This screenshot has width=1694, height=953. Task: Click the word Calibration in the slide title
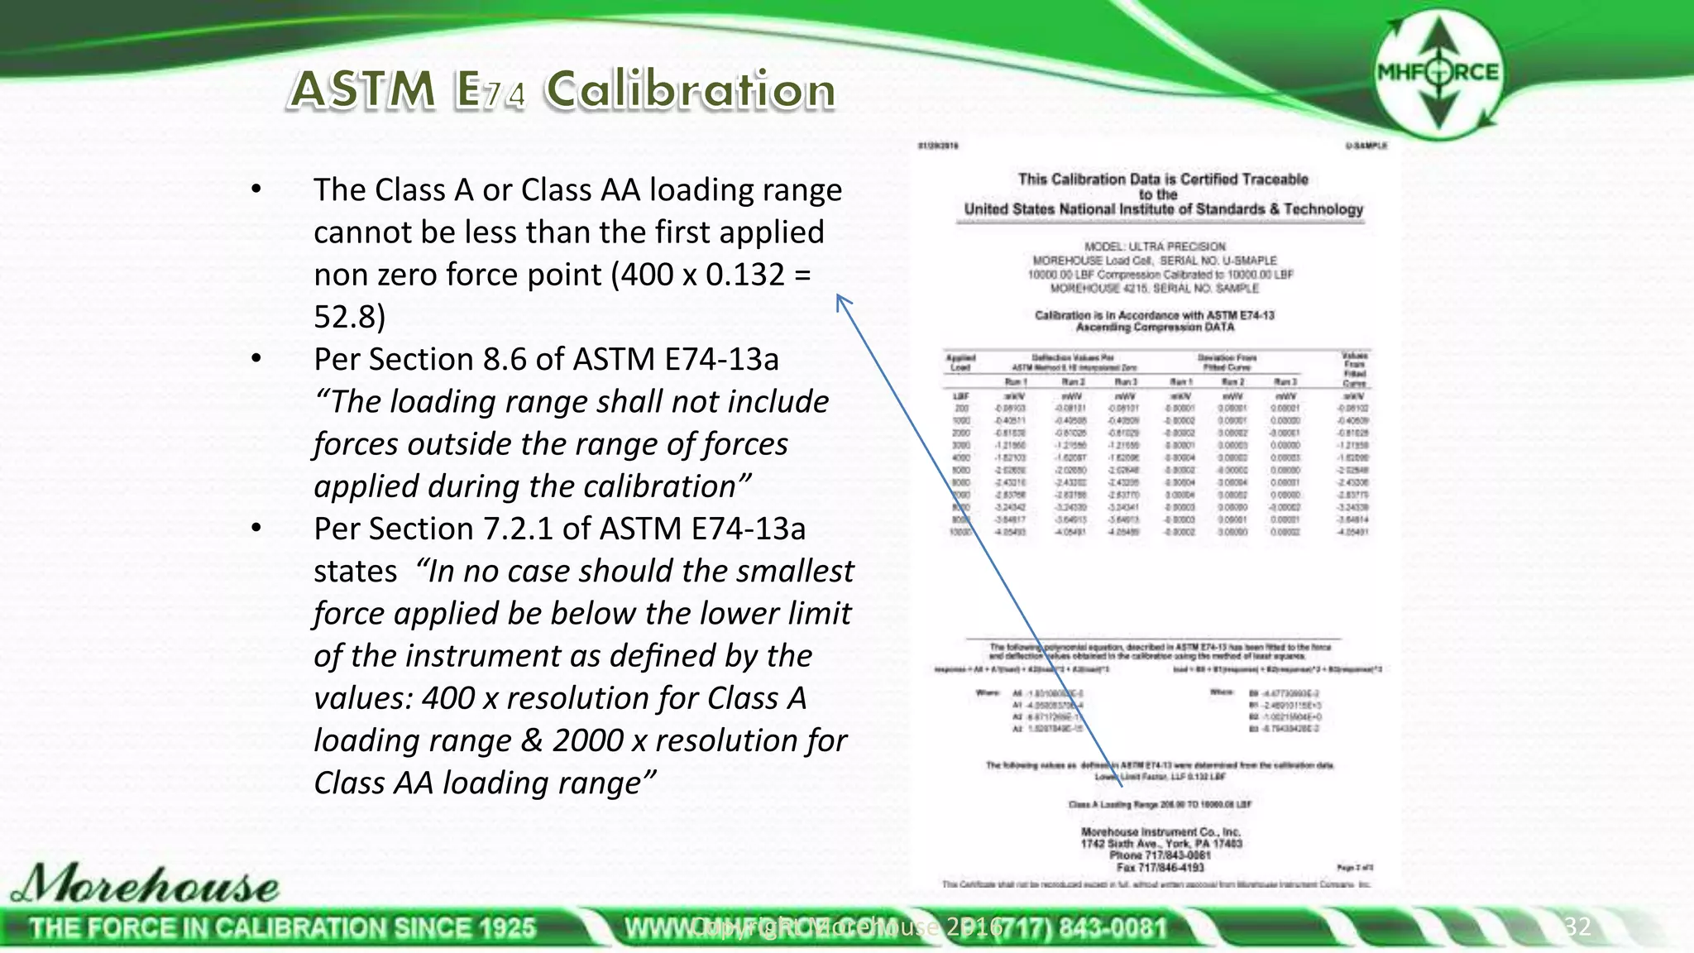click(x=690, y=89)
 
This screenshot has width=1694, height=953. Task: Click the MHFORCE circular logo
click(x=1438, y=73)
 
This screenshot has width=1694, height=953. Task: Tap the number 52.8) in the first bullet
click(x=349, y=317)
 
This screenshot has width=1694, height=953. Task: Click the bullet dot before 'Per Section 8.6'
click(x=256, y=359)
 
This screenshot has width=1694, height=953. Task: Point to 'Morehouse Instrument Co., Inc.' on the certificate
click(x=1160, y=831)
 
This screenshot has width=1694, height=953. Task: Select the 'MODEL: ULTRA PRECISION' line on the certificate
click(x=1155, y=247)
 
